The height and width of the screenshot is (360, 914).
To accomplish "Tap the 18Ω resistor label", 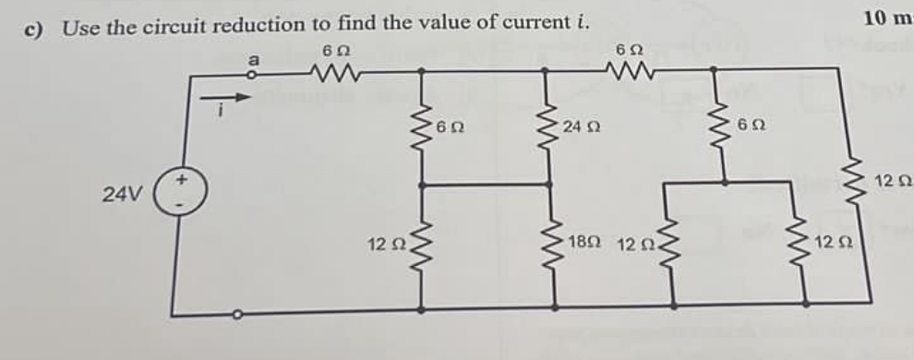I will [x=586, y=243].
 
